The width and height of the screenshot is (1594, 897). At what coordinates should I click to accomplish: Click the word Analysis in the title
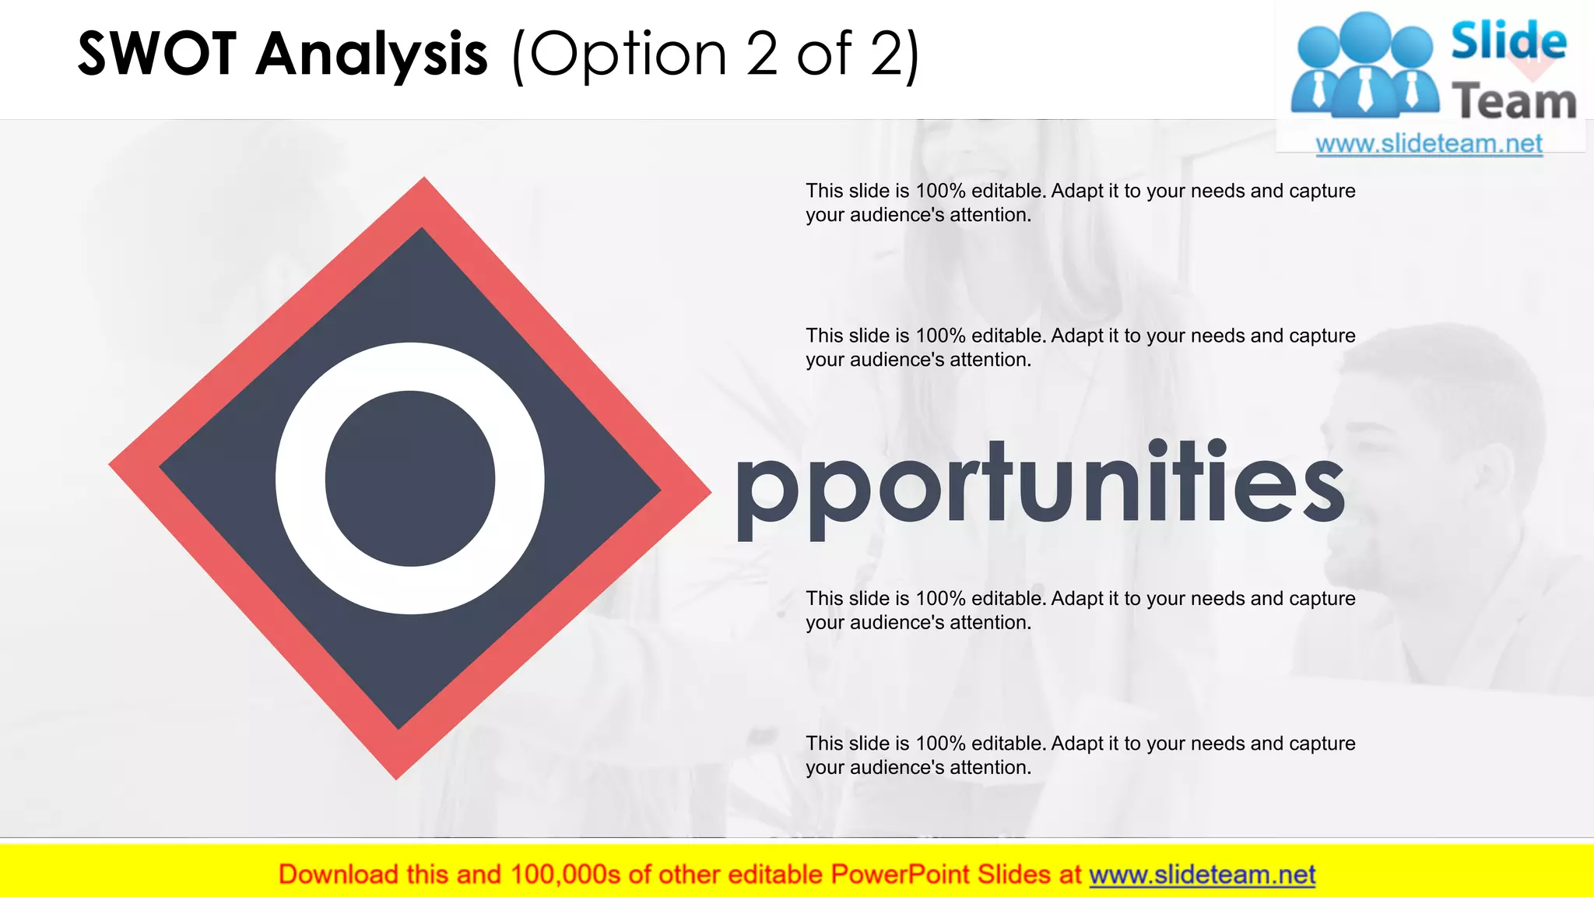[x=372, y=55]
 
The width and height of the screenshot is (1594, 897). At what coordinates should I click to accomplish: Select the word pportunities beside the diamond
[x=1040, y=487]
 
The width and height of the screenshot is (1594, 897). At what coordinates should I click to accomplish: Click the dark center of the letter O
[x=410, y=478]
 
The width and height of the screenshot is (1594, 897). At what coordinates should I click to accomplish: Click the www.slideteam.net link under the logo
[x=1429, y=144]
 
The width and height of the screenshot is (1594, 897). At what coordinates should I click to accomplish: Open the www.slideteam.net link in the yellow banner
[x=1202, y=874]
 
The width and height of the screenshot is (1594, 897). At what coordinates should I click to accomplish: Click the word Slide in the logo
[x=1508, y=40]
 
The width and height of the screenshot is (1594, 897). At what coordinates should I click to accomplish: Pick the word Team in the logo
[x=1514, y=102]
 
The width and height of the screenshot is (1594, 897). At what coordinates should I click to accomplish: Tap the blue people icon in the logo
[x=1364, y=66]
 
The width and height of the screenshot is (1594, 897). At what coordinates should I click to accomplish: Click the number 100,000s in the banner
[x=565, y=874]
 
